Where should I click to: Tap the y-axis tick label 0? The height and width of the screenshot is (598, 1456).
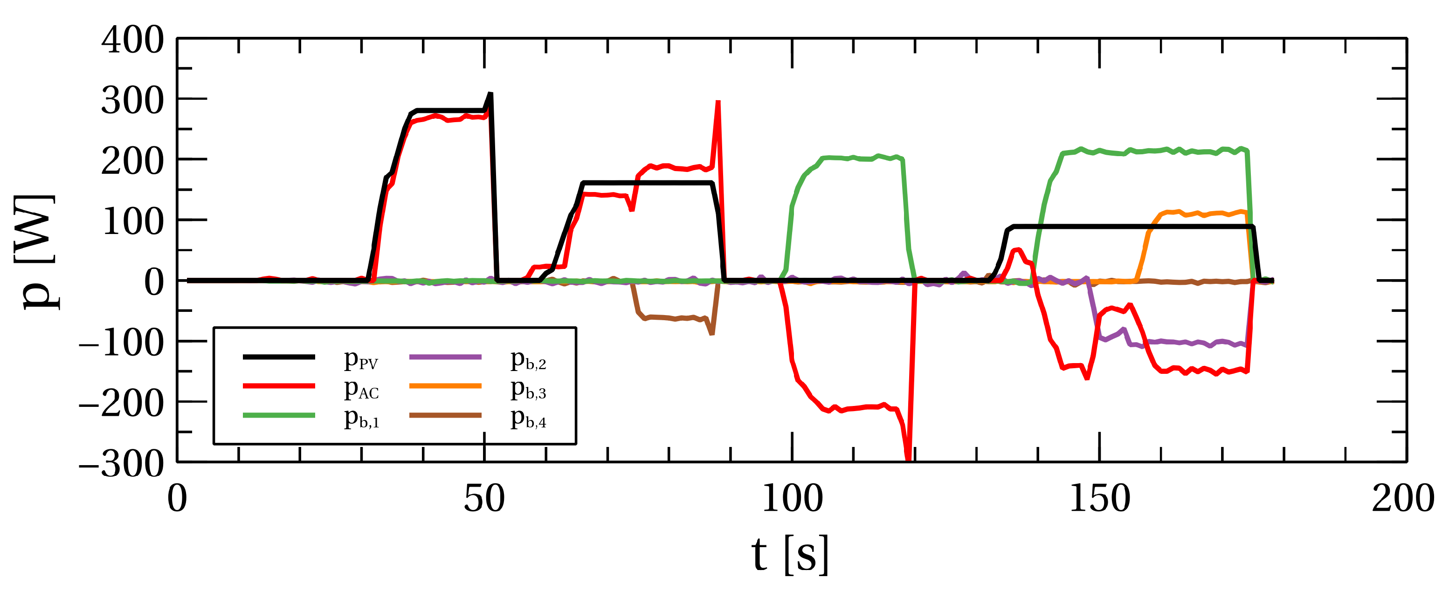click(154, 282)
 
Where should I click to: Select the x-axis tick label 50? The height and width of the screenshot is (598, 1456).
click(484, 499)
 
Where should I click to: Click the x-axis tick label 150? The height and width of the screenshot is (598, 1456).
click(1099, 499)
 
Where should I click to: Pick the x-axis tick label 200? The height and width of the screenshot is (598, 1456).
click(1402, 499)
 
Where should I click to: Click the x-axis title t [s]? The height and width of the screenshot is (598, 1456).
click(790, 555)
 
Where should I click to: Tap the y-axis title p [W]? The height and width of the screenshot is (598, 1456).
click(35, 252)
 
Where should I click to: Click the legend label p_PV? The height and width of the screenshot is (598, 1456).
click(360, 359)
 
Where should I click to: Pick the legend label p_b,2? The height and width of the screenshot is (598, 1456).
click(528, 359)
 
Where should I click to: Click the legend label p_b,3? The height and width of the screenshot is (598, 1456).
click(528, 389)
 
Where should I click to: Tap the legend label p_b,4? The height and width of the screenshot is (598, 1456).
click(528, 418)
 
